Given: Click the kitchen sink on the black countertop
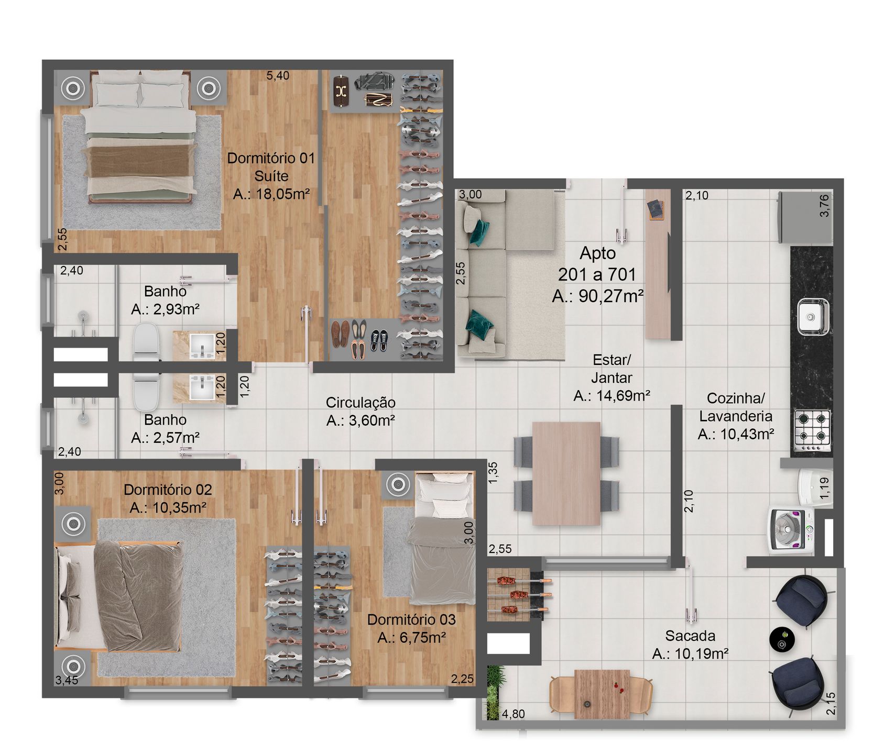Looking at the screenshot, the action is pos(813,316).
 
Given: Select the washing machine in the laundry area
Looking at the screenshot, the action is pos(792,530).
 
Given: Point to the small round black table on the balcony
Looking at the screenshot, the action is pos(782,639).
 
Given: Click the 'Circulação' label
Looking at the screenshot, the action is pos(361,403).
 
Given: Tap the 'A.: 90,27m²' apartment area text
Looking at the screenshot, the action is pos(597,296).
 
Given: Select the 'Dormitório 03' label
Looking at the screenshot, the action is pos(411,619).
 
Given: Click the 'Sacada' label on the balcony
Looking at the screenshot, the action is pos(690,636).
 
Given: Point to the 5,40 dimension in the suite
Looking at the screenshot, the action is pos(278,75).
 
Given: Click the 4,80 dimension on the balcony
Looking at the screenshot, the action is pos(513,714).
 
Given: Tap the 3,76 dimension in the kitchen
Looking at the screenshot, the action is pos(824,205).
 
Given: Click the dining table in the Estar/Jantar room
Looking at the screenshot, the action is pos(566,473).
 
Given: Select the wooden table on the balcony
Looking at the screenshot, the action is pos(602,694).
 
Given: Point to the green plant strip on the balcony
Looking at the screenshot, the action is pos(493,692).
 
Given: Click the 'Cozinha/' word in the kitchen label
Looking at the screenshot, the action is pos(736,398).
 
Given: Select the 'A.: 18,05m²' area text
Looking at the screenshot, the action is pos(271,194).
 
